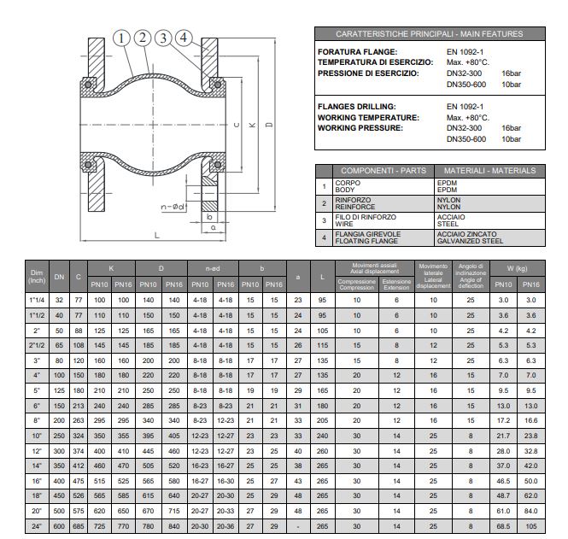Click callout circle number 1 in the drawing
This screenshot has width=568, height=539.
pyautogui.click(x=122, y=38)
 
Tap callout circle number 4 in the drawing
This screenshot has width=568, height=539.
pyautogui.click(x=185, y=38)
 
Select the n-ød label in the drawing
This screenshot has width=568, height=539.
pyautogui.click(x=173, y=205)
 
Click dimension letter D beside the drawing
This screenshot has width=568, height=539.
pyautogui.click(x=268, y=126)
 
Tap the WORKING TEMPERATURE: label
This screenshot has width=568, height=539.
pyautogui.click(x=368, y=117)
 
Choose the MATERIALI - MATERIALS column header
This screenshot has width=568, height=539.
pyautogui.click(x=490, y=171)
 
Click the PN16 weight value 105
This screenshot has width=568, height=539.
pyautogui.click(x=531, y=526)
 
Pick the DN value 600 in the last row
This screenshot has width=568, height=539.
pyautogui.click(x=60, y=526)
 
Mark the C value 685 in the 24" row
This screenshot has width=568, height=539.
pyautogui.click(x=79, y=526)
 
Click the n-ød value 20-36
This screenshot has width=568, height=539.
pyautogui.click(x=225, y=526)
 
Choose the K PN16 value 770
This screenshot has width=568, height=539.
pyautogui.click(x=123, y=526)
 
